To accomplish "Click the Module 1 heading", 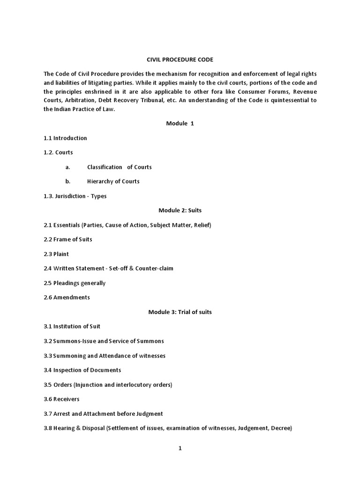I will pos(180,123).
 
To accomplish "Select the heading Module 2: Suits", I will pos(180,210).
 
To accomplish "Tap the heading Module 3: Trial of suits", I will pos(180,312).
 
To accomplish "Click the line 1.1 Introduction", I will pos(65,138).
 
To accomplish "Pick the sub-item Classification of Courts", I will pos(119,167).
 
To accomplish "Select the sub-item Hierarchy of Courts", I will pos(113,181).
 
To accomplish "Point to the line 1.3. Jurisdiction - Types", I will pos(75,196).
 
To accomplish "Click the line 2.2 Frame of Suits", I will pos(68,240).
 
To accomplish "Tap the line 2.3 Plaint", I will pos(56,254).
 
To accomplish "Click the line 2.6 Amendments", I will pos(67,297).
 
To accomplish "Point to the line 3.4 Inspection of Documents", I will pos(82,370).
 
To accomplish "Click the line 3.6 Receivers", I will pos(61,399).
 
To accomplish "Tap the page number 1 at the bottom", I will pos(180,448).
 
